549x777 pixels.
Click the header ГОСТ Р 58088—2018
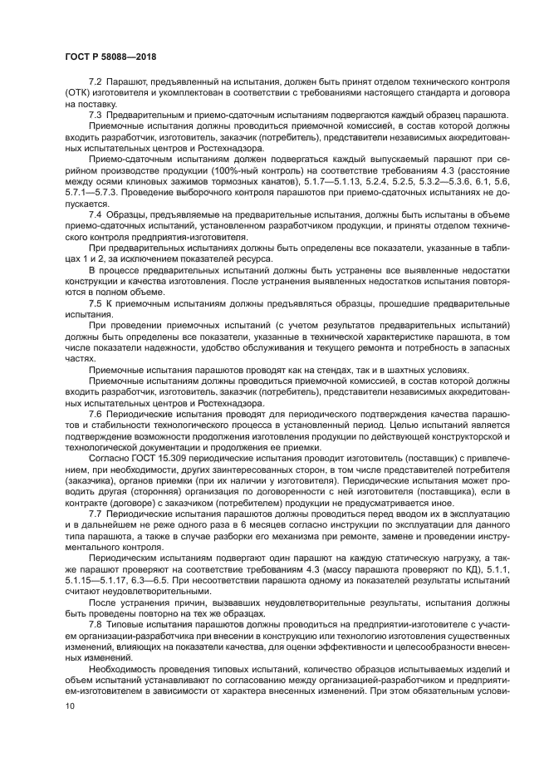pyautogui.click(x=110, y=57)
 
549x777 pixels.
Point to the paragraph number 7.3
pyautogui.click(x=96, y=115)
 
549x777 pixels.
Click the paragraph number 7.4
pyautogui.click(x=96, y=214)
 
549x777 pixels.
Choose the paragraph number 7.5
pyautogui.click(x=96, y=303)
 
